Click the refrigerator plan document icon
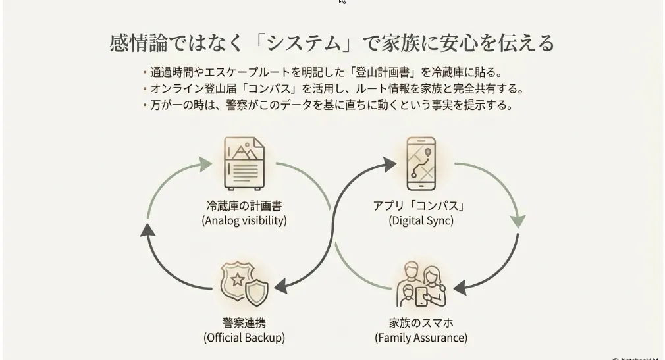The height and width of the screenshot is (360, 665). tap(244, 163)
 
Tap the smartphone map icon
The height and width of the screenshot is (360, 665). tap(421, 163)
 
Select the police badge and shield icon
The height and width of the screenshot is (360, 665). tap(244, 283)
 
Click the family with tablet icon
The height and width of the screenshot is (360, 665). tap(421, 284)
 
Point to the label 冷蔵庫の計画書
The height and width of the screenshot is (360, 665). tap(244, 205)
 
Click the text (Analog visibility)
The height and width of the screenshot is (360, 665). tap(244, 220)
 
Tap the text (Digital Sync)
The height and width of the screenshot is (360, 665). tap(421, 220)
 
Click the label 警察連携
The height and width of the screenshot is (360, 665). tap(244, 322)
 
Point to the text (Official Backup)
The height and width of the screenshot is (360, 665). tap(244, 338)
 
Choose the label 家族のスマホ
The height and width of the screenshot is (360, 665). tap(421, 322)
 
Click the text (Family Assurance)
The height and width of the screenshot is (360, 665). tap(421, 338)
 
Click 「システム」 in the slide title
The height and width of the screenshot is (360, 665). tap(304, 43)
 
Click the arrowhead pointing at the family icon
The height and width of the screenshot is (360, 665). tap(460, 288)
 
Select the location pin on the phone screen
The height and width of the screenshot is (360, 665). tap(428, 152)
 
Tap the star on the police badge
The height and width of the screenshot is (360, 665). tap(238, 280)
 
